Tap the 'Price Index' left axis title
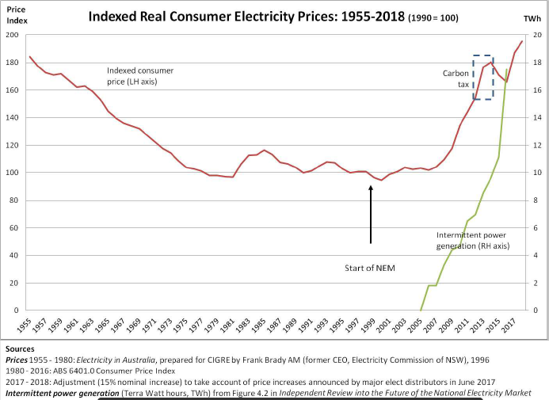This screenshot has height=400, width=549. click(17, 15)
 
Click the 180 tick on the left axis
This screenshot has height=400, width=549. click(12, 63)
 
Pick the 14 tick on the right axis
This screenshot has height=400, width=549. click(536, 118)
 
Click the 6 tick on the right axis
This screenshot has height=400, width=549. click(536, 228)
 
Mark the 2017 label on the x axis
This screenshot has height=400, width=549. click(509, 326)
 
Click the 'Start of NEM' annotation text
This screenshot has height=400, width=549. click(370, 269)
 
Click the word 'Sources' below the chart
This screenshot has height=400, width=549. click(19, 349)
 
